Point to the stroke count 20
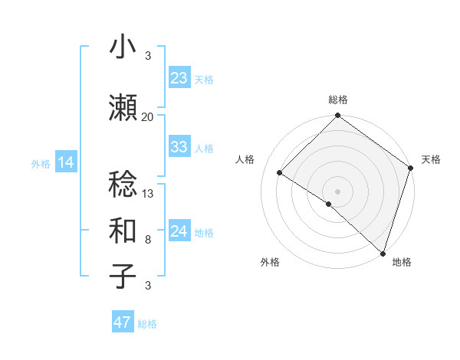coord(147,116)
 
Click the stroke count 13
coord(148,193)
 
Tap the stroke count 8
coord(148,240)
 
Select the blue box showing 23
coord(179,78)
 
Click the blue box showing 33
coord(179,147)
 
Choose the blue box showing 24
coord(179,231)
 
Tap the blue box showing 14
coord(65,162)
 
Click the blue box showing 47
coord(122,322)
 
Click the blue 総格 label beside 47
coord(147,324)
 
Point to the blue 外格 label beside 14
coord(41,163)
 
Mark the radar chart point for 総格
coord(337,116)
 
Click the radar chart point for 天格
coord(411,168)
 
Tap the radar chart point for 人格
coord(281,173)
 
